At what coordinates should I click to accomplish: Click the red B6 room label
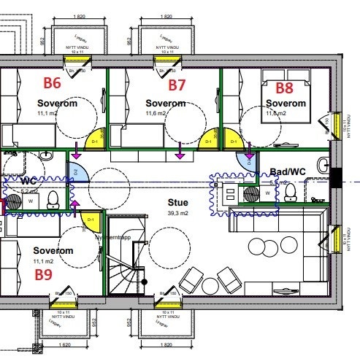click(x=53, y=83)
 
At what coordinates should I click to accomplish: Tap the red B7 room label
click(x=177, y=85)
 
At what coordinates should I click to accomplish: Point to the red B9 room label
click(x=45, y=275)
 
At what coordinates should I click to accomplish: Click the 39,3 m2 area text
click(x=177, y=214)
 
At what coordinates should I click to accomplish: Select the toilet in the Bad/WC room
click(x=291, y=192)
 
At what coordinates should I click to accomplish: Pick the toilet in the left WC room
click(x=53, y=198)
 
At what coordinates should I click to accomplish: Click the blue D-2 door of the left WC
click(x=79, y=173)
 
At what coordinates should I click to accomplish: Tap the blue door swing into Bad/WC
click(x=245, y=163)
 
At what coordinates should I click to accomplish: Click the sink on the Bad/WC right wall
click(x=322, y=165)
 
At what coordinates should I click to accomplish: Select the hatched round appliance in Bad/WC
click(x=251, y=193)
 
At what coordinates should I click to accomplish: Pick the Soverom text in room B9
click(x=55, y=250)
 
